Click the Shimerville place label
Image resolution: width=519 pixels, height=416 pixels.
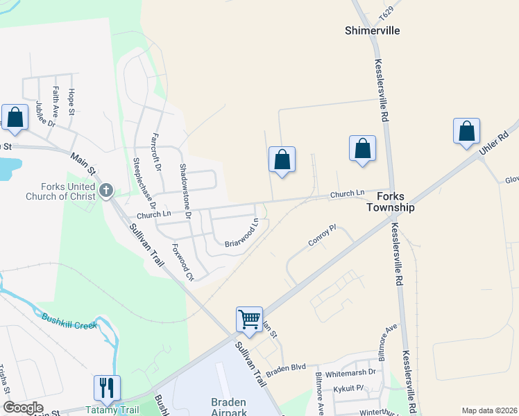coord(373,31)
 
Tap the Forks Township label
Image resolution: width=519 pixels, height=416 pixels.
coord(391,202)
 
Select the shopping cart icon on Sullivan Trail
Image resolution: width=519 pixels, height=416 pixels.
coord(249,320)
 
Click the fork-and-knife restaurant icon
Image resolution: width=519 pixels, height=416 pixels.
coord(107,388)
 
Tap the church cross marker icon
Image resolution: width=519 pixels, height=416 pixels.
coord(106,191)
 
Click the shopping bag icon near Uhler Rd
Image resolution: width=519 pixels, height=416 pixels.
coord(467,131)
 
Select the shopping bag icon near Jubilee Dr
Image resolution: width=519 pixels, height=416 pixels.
coord(14,117)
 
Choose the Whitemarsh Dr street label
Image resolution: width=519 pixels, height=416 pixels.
coord(350,372)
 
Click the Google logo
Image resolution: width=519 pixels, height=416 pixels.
coord(23,408)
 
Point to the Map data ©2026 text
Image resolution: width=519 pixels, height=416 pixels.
coord(488,410)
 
